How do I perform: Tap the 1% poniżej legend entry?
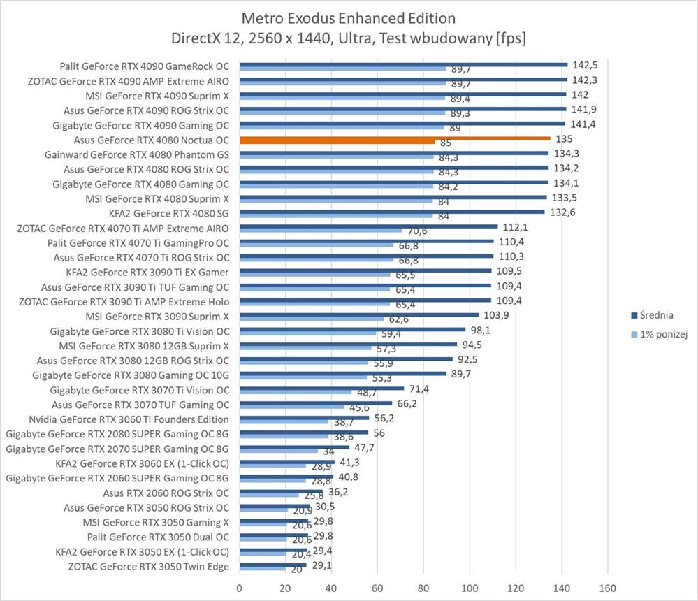pyautogui.click(x=660, y=334)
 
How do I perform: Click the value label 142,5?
pyautogui.click(x=586, y=64)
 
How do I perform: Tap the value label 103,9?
pyautogui.click(x=497, y=316)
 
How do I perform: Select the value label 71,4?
pyautogui.click(x=419, y=389)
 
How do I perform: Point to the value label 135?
pyautogui.click(x=563, y=139)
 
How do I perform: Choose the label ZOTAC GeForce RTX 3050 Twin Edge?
pyautogui.click(x=149, y=566)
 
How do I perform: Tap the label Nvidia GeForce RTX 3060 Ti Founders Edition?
pyautogui.click(x=129, y=419)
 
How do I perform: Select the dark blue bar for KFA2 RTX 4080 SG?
pyautogui.click(x=392, y=212)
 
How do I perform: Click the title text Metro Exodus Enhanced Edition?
pyautogui.click(x=348, y=17)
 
